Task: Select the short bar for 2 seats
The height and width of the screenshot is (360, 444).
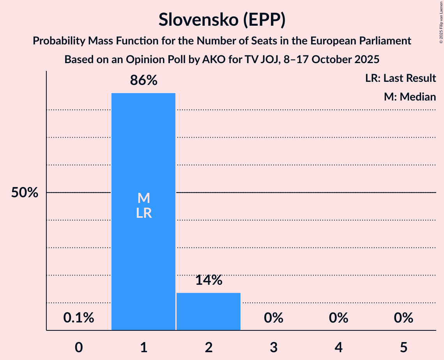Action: click(209, 311)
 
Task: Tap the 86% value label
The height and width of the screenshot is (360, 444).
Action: click(143, 81)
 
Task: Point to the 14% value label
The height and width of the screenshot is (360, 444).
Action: click(209, 280)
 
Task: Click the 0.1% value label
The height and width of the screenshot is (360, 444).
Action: click(79, 318)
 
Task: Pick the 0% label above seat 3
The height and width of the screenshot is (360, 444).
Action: click(273, 318)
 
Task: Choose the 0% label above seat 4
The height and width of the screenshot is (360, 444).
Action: click(338, 318)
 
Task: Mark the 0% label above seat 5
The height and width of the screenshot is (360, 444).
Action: click(403, 318)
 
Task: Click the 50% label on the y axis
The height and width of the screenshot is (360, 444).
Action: click(25, 193)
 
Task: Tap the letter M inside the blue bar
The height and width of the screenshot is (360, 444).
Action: click(143, 198)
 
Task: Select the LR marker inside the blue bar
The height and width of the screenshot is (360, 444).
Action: click(143, 213)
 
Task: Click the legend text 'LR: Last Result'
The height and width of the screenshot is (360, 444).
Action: click(400, 78)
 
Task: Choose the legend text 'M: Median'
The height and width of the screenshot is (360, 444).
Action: click(410, 97)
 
